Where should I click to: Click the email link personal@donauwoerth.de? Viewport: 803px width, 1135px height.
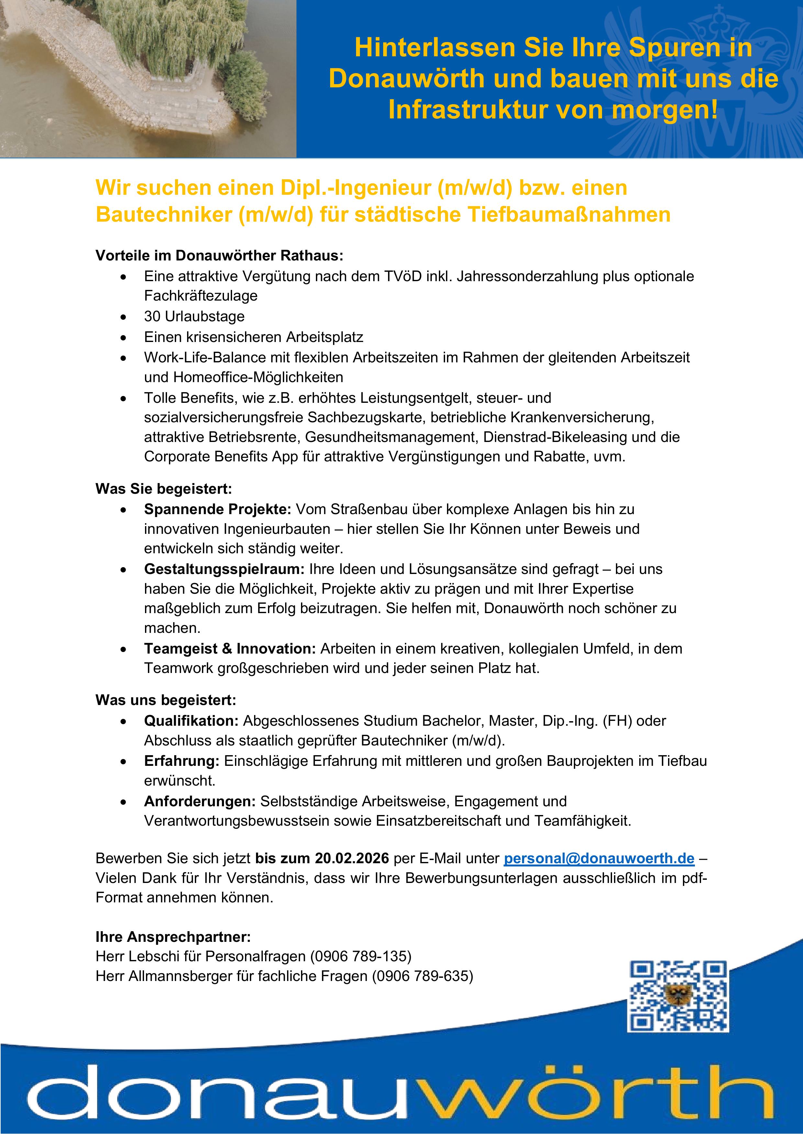tap(599, 859)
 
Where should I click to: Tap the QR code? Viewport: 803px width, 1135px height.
tap(678, 996)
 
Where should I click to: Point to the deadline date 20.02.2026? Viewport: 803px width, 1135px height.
tap(352, 859)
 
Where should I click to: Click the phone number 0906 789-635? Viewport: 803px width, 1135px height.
tap(422, 976)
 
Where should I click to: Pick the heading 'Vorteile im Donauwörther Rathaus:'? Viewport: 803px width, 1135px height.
tap(219, 256)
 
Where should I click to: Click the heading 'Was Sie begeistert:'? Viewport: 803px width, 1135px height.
tap(164, 489)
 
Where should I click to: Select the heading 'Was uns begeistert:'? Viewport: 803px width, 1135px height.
tap(166, 700)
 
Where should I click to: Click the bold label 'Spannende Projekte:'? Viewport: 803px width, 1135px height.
tap(218, 509)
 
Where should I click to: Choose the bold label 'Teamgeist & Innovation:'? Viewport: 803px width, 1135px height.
tap(230, 649)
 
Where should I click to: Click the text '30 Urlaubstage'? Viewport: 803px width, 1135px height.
tap(194, 316)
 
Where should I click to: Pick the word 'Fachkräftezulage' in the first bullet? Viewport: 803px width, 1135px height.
tap(201, 296)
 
